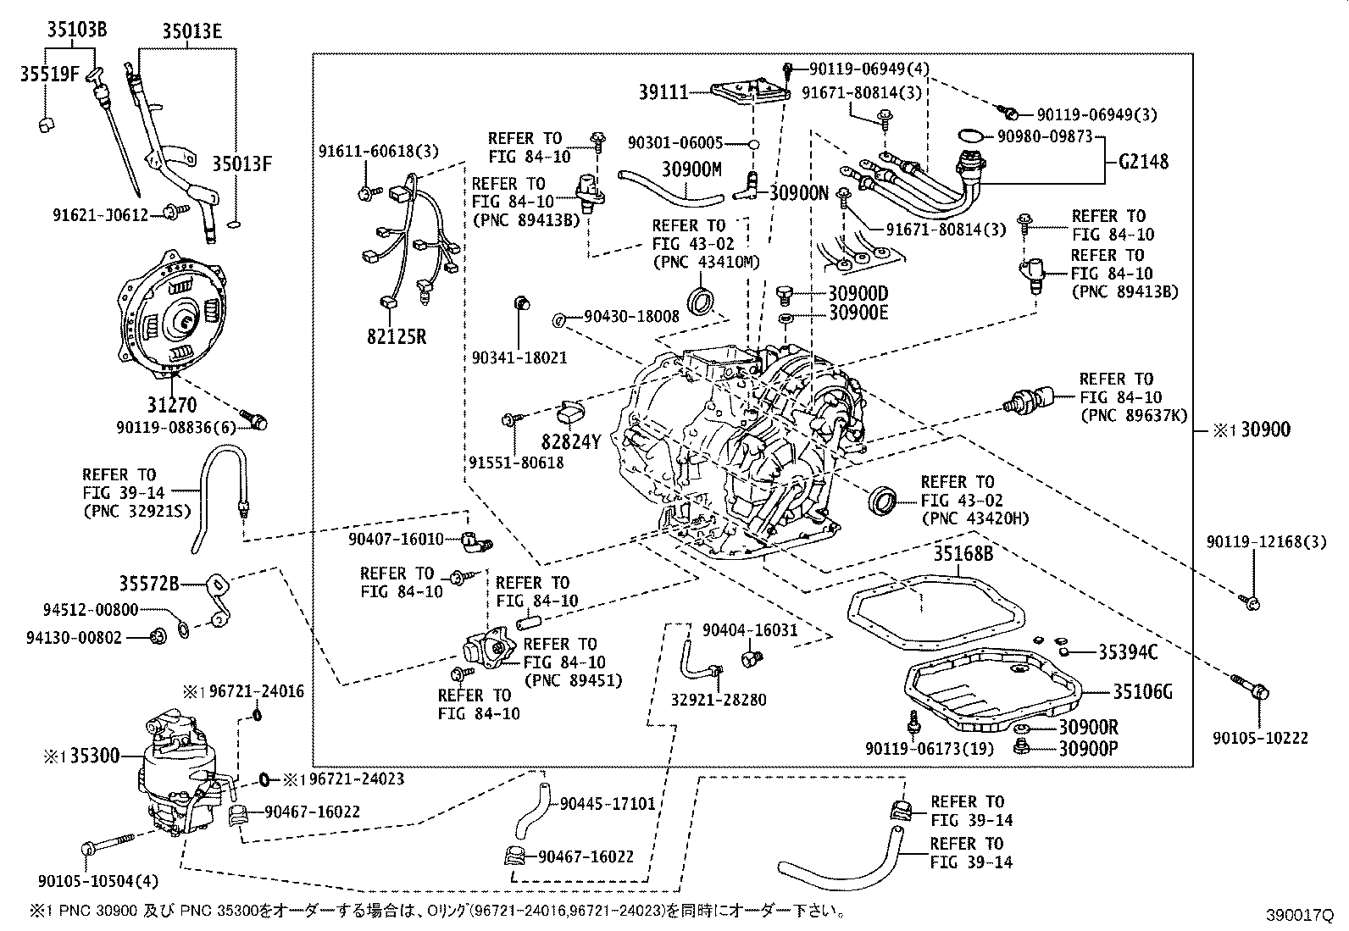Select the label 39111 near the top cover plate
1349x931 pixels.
pyautogui.click(x=663, y=91)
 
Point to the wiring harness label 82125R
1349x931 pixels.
pyautogui.click(x=397, y=337)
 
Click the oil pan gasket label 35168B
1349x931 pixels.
pyautogui.click(x=963, y=554)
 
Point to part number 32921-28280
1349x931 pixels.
pyautogui.click(x=719, y=700)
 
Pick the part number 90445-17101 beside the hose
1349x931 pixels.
pyautogui.click(x=608, y=802)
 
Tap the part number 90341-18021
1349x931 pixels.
pyautogui.click(x=519, y=357)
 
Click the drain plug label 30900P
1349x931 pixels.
pyautogui.click(x=1088, y=748)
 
